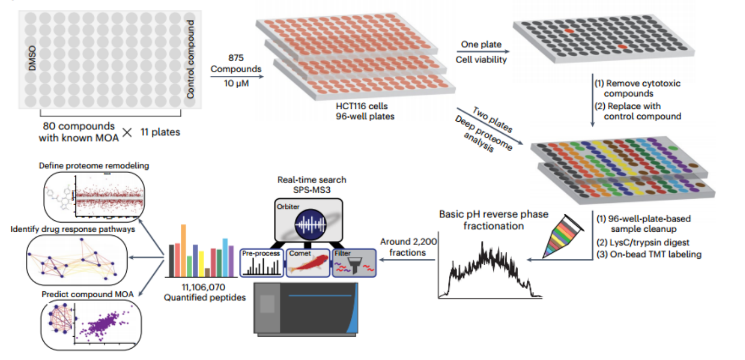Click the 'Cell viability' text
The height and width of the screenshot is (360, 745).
coord(481,60)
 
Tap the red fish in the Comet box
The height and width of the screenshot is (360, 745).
coord(308,264)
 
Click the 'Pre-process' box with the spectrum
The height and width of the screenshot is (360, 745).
coord(261,262)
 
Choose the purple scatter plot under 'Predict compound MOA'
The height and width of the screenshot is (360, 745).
coord(106,324)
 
